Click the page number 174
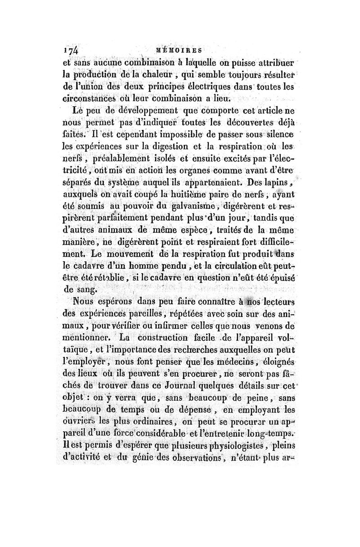[x=72, y=49]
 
